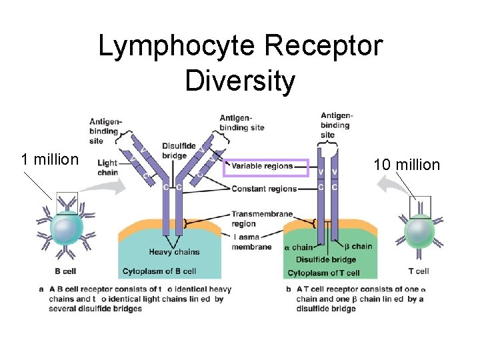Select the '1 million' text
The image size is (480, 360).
[x=50, y=159]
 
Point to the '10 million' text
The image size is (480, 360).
[x=407, y=164]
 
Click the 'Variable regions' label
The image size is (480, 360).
[x=263, y=166]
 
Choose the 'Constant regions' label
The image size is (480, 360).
[x=264, y=189]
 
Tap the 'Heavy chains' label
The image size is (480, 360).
[x=174, y=252]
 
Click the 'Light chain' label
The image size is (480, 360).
[x=107, y=167]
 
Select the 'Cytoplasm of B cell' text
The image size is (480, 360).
[x=159, y=271]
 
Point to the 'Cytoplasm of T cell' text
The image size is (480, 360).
[x=323, y=273]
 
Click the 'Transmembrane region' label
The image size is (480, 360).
[x=254, y=219]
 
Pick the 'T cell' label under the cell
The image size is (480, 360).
[x=419, y=271]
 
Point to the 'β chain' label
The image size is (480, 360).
[x=358, y=247]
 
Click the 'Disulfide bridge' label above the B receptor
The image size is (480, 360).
[x=179, y=151]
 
